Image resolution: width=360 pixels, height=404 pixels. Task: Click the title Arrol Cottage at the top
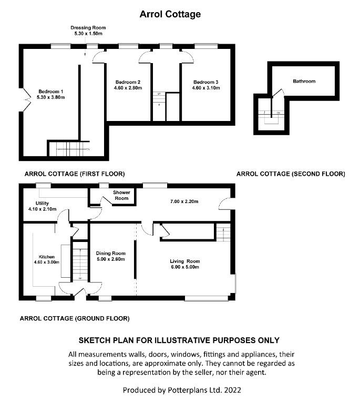(170, 14)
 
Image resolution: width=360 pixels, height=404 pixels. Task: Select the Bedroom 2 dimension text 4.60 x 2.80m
(128, 88)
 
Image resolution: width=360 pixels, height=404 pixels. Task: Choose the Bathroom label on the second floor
(304, 82)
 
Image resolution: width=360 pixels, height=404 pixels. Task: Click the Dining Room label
(110, 253)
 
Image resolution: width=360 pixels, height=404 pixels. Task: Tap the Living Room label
(184, 261)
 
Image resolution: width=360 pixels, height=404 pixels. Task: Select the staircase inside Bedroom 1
(69, 148)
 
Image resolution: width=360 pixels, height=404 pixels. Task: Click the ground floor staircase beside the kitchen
(79, 260)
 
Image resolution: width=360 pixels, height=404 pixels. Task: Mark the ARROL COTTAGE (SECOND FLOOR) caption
(291, 174)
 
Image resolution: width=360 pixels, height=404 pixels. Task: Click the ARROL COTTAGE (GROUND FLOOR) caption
(75, 318)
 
